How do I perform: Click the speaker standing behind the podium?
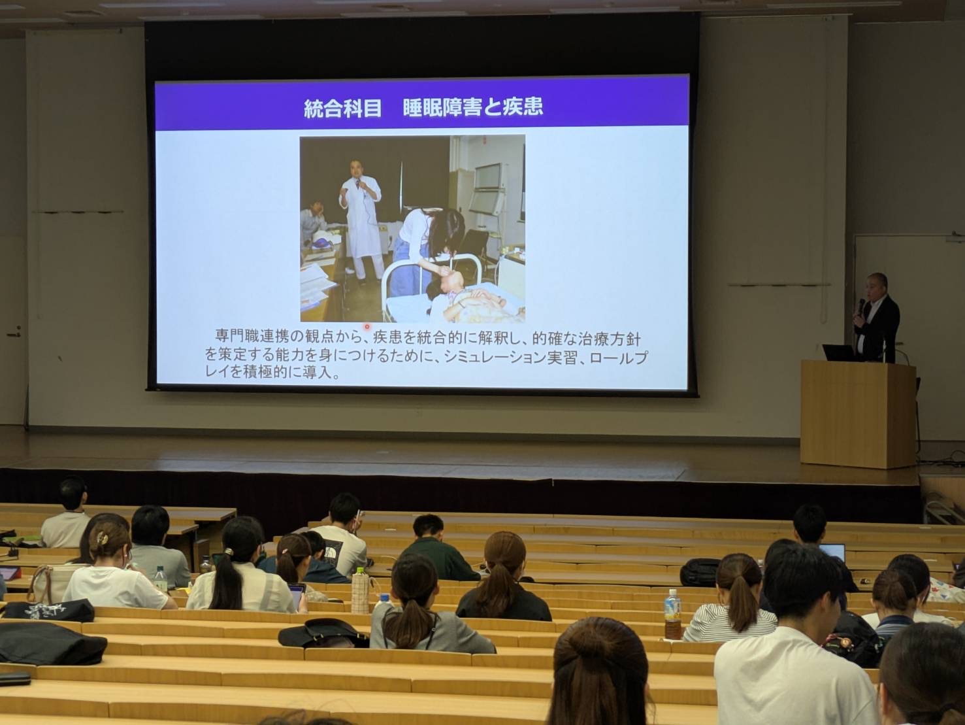tap(873, 317)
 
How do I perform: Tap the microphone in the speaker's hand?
tap(861, 305)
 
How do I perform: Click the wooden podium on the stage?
tap(858, 414)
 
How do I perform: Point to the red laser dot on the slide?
tap(367, 327)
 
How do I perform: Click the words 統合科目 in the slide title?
tap(342, 109)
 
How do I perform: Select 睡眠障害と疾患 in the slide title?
tap(472, 107)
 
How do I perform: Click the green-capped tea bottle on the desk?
tap(360, 590)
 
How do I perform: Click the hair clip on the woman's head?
tap(103, 538)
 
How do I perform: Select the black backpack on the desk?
tap(700, 572)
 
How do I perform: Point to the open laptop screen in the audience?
tap(832, 553)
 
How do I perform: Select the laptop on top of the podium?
tap(839, 352)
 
